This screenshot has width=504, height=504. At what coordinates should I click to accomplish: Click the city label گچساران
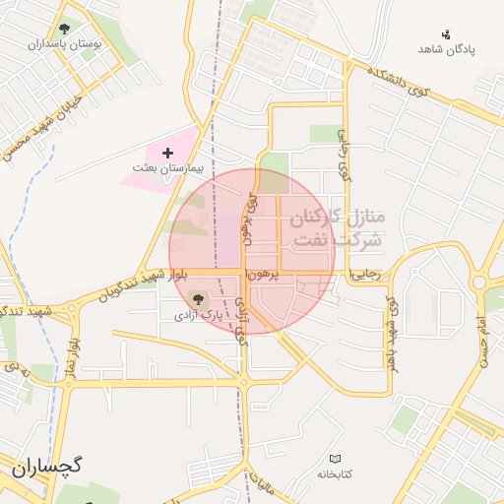(x=47, y=467)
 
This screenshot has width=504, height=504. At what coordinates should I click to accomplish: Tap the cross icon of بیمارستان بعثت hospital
(x=166, y=153)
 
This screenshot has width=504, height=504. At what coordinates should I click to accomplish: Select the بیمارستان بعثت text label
(x=166, y=168)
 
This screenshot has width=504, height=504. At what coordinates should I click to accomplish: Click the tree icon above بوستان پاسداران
(x=65, y=29)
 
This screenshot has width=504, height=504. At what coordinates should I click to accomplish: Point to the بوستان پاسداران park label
(x=65, y=44)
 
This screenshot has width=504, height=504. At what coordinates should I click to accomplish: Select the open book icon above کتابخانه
(x=337, y=459)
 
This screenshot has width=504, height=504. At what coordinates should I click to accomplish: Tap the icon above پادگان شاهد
(x=446, y=34)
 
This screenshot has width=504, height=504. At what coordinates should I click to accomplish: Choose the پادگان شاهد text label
(x=446, y=49)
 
